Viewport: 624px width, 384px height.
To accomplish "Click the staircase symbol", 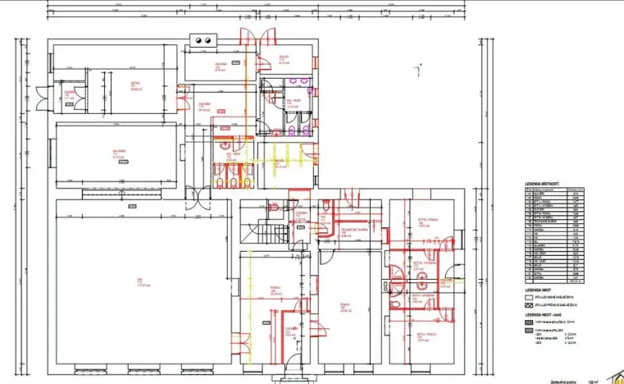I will [269, 231].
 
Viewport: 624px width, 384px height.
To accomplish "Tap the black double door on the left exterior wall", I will [58, 96].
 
